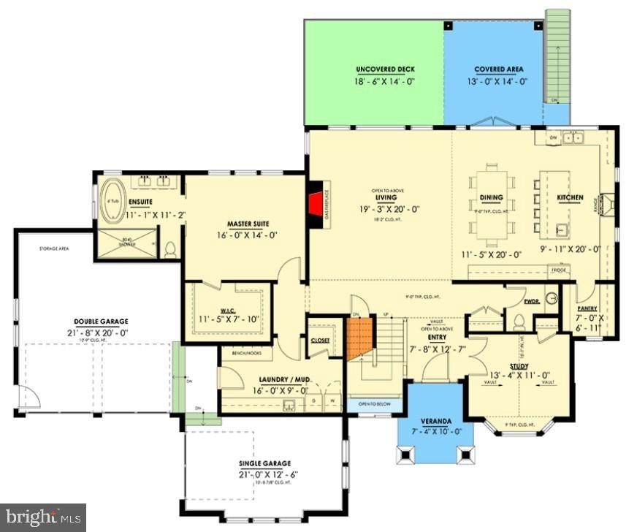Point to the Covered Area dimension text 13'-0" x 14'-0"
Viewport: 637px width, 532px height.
[498, 82]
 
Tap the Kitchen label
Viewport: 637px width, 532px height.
[570, 198]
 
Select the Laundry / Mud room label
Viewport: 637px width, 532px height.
[281, 379]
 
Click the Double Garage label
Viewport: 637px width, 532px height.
[101, 321]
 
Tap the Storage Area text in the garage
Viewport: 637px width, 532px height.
[54, 249]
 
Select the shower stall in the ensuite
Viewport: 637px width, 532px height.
[128, 243]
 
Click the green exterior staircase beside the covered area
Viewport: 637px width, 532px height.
[557, 58]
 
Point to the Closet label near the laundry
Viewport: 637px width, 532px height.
[320, 341]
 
